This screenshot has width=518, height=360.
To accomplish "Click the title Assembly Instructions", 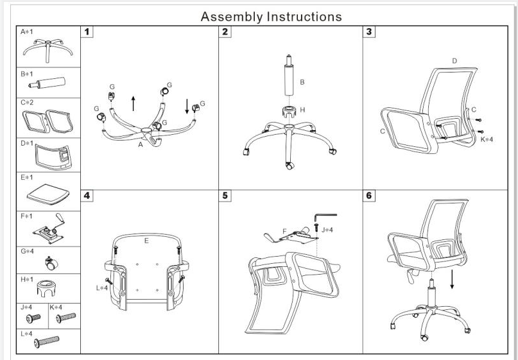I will [x=271, y=16].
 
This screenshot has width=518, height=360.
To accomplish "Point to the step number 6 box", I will [x=370, y=196].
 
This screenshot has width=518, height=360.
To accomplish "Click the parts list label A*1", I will [x=28, y=31].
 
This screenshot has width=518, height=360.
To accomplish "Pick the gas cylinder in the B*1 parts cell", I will [x=49, y=83].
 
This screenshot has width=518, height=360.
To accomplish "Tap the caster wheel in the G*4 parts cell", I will [x=49, y=261].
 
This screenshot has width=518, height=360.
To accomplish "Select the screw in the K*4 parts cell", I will [x=65, y=316].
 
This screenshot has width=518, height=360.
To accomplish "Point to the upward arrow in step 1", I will [x=133, y=103].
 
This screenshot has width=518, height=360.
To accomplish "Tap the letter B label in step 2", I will [x=302, y=82].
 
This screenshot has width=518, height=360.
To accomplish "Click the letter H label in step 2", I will [x=302, y=110].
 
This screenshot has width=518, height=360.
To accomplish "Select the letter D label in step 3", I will [x=454, y=61].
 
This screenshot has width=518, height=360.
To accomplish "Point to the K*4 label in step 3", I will [x=487, y=139].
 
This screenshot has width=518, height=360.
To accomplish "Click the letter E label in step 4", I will [x=146, y=241].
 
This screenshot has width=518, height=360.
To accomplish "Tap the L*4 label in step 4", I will [x=101, y=288].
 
